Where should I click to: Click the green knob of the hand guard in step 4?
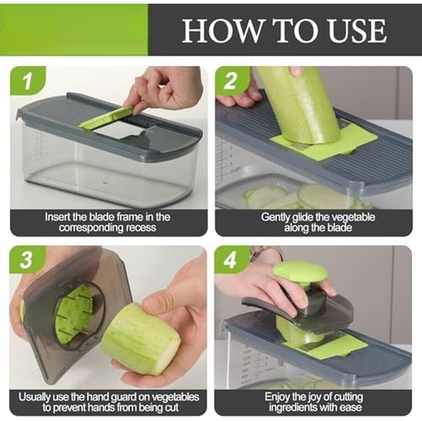[300, 273]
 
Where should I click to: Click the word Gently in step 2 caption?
[277, 218]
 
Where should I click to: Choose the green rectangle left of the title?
[73, 30]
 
